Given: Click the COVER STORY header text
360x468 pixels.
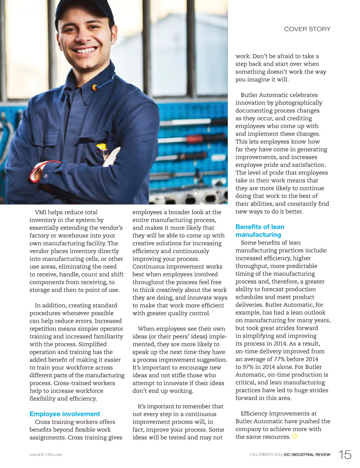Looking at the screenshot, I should click(x=307, y=29).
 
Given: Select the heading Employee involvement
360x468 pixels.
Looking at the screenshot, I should click(x=65, y=414).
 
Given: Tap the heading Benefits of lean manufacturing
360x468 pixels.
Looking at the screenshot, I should click(x=260, y=231).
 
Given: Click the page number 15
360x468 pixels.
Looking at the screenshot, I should click(x=345, y=455).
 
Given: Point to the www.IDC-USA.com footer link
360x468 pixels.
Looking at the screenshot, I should click(x=46, y=455).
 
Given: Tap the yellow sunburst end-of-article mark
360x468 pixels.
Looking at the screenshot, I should click(x=295, y=436).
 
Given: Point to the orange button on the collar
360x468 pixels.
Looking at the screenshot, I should click(x=95, y=87).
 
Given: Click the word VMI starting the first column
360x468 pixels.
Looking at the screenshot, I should click(x=41, y=212).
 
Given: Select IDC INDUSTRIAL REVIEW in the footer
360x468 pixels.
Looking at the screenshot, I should click(x=307, y=455).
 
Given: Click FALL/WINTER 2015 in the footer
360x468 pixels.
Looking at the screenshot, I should click(x=266, y=455).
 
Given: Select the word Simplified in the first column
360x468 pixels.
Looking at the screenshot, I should click(x=92, y=344).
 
